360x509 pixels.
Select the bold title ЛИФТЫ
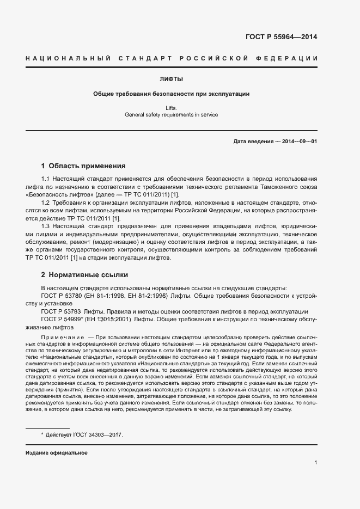coord(171,79)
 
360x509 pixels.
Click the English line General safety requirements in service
coord(171,115)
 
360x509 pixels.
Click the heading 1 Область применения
coord(83,166)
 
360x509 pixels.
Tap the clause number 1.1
coord(46,179)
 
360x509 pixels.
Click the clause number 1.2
coord(46,203)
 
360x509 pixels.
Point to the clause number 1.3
coord(46,226)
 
